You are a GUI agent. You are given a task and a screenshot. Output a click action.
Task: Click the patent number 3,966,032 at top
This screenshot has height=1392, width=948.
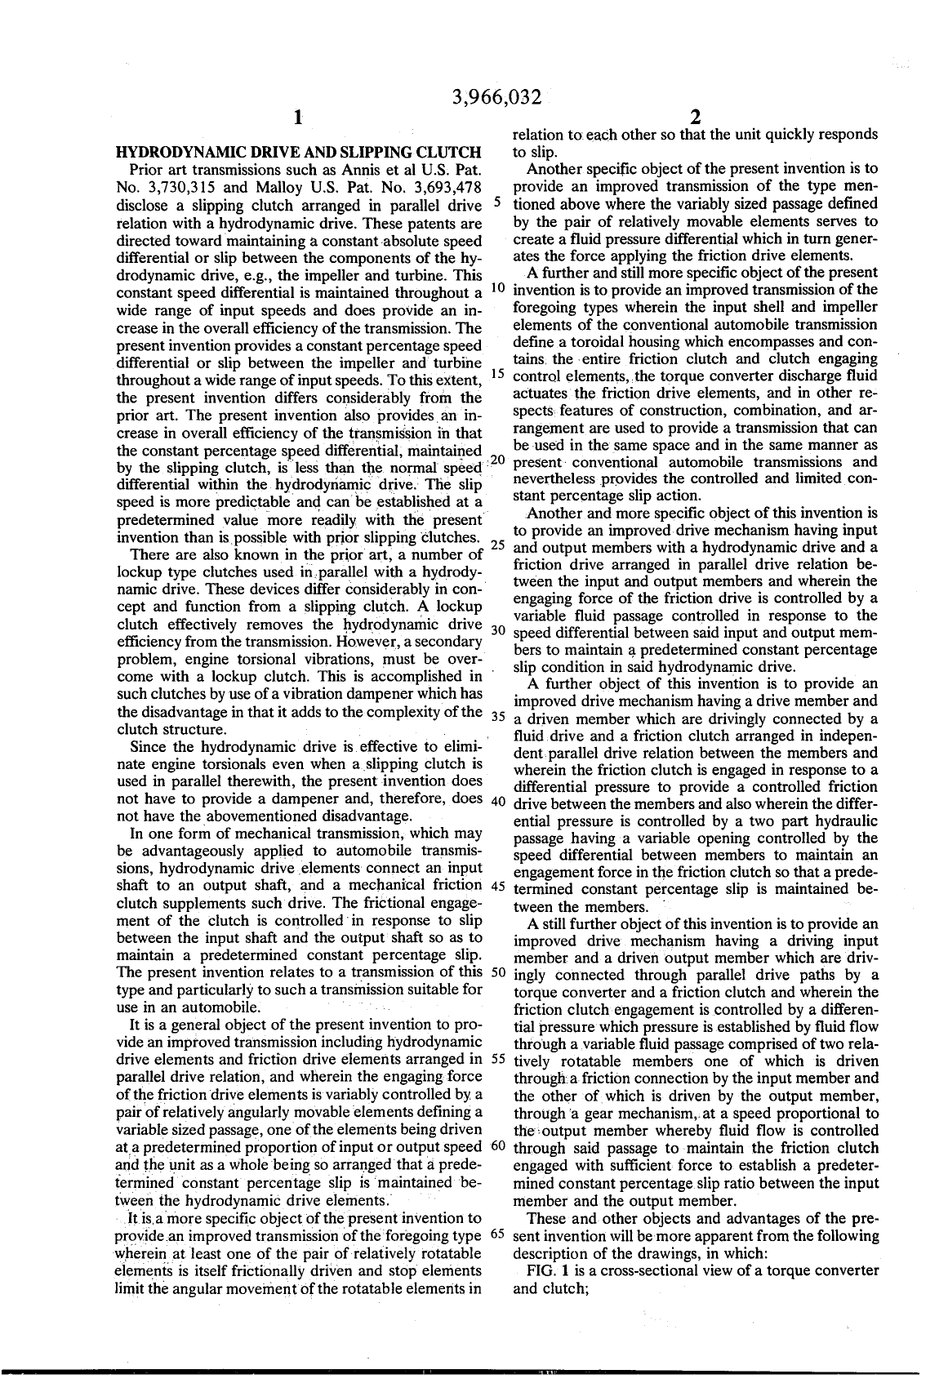(x=497, y=98)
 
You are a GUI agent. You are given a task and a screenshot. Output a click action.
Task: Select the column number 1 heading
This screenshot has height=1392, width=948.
(x=299, y=118)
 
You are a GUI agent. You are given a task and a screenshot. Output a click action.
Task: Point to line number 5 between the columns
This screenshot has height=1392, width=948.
(x=497, y=202)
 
